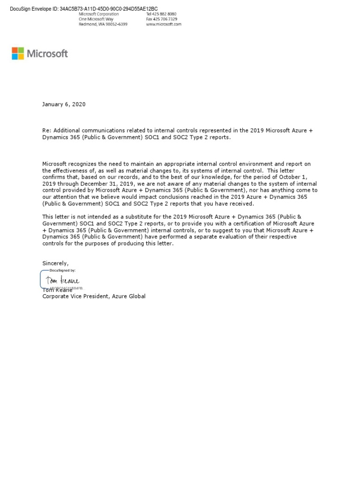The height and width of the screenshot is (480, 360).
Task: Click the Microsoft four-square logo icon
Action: pyautogui.click(x=18, y=53)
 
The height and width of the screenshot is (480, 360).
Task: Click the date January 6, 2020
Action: pyautogui.click(x=64, y=105)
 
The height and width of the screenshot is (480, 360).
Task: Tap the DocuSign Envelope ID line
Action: pyautogui.click(x=84, y=8)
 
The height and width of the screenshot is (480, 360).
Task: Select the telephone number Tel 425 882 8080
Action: pyautogui.click(x=161, y=14)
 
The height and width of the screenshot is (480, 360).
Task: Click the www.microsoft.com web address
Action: pyautogui.click(x=163, y=24)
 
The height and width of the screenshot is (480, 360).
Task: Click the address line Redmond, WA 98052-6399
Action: pyautogui.click(x=103, y=24)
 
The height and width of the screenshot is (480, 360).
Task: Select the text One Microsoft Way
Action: pyautogui.click(x=96, y=19)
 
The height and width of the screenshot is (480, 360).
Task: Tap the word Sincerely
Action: pyautogui.click(x=55, y=263)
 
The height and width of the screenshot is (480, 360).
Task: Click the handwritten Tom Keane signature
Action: pyautogui.click(x=62, y=281)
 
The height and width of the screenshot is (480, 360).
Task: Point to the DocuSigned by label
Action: pyautogui.click(x=62, y=270)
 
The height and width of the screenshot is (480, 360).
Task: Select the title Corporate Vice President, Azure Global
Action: pyautogui.click(x=94, y=296)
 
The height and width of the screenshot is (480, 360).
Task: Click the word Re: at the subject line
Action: pyautogui.click(x=47, y=130)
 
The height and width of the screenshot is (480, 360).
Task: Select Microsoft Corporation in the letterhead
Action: pyautogui.click(x=98, y=14)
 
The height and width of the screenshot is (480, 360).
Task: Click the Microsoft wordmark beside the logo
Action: pyautogui.click(x=47, y=53)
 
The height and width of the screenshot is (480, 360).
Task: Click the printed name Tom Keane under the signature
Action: pyautogui.click(x=57, y=290)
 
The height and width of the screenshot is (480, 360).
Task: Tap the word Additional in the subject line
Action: pyautogui.click(x=67, y=130)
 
